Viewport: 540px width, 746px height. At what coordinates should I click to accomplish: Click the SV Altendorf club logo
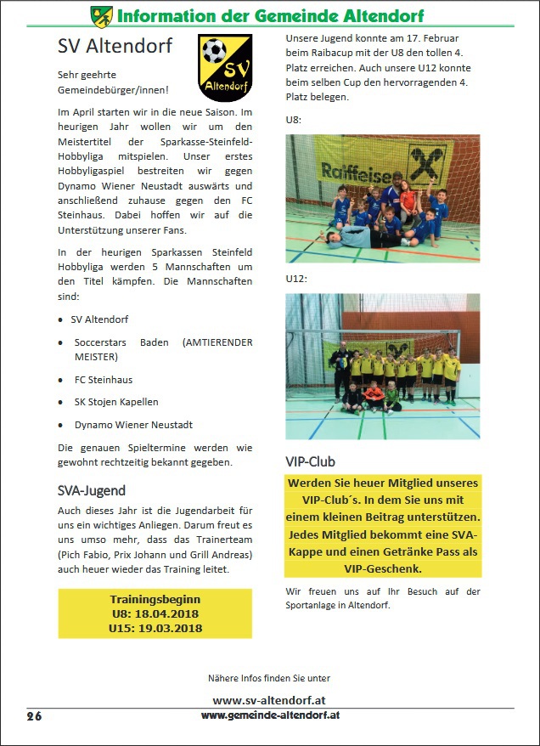point(224,67)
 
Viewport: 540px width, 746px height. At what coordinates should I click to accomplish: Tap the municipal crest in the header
point(101,14)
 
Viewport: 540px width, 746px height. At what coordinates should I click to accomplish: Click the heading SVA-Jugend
point(92,490)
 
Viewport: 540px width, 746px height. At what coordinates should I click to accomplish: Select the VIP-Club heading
point(310,461)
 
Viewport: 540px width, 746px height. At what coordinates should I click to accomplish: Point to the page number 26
point(34,716)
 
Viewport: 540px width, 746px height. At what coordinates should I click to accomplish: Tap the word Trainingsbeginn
point(155,599)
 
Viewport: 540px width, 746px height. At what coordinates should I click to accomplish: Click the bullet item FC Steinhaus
point(103,380)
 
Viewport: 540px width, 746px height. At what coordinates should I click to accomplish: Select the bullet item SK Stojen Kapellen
point(116,402)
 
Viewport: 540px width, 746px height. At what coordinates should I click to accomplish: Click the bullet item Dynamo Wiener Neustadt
point(133,424)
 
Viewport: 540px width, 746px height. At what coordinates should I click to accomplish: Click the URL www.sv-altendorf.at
point(269,700)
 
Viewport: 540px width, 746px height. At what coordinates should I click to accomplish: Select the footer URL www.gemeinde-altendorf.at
point(271,715)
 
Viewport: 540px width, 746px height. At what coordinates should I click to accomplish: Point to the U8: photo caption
point(293,120)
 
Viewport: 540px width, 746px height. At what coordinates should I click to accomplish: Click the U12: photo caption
point(295,278)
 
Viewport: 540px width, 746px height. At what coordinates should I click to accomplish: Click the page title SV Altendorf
point(115,46)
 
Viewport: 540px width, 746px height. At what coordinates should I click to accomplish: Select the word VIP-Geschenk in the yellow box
point(382,568)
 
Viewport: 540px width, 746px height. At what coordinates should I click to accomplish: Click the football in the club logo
point(216,53)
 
